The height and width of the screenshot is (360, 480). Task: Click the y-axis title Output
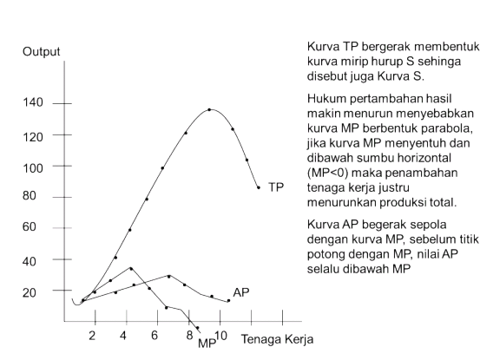42,52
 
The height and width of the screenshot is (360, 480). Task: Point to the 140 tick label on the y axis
33,103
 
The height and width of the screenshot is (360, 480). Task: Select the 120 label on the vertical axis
33,134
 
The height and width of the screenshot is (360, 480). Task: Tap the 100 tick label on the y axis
33,166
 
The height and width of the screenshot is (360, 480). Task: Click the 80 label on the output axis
30,196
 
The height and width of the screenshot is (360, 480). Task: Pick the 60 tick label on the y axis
30,227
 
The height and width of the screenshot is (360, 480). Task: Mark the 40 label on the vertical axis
30,259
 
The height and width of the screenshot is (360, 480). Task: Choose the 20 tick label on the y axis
30,291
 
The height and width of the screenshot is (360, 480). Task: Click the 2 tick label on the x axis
93,336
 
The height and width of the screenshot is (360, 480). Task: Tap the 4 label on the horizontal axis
124,336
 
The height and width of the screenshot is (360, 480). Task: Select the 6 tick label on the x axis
155,336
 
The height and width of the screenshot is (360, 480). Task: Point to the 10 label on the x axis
220,336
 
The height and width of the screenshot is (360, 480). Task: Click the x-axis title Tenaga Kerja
276,337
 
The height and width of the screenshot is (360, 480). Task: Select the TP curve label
276,187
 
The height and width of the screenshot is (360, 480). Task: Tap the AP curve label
241,292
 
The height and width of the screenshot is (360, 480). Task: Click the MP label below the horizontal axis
207,343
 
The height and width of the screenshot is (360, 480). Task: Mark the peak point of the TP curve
209,109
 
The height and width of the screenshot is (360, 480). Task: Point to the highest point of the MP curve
129,268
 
